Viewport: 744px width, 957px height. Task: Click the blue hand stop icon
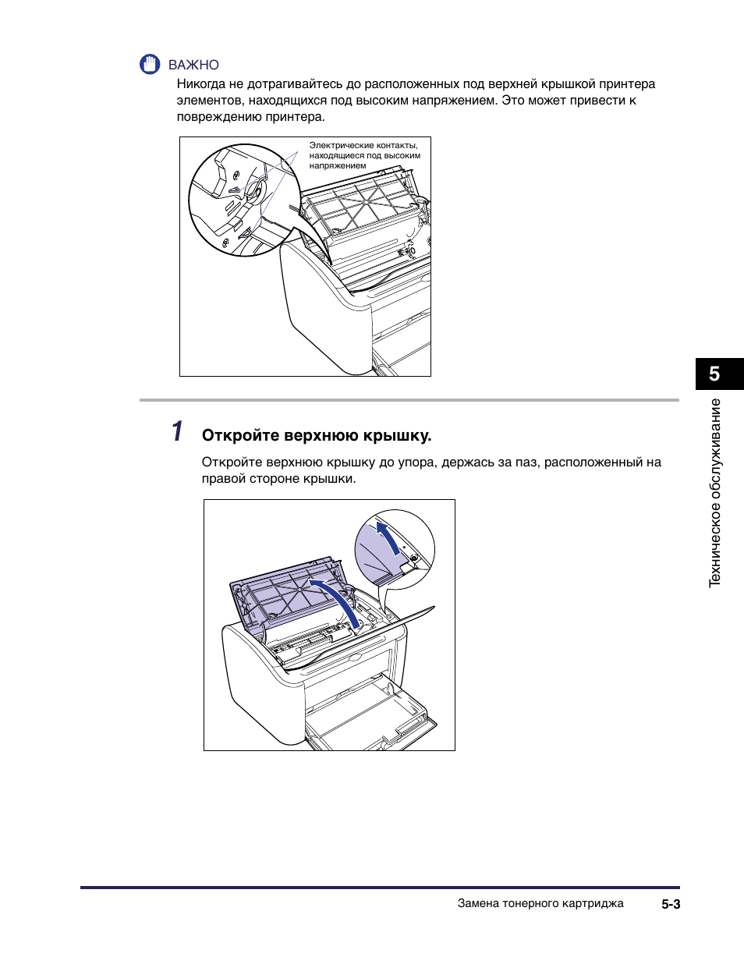(150, 64)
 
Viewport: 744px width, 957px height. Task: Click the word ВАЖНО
(193, 66)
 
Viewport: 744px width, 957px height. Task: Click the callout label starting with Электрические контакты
(364, 155)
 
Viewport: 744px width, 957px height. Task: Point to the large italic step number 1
(177, 431)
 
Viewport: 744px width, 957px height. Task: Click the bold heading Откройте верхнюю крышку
(317, 435)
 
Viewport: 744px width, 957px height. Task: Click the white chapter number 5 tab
(714, 374)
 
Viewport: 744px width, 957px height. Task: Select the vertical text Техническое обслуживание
(714, 493)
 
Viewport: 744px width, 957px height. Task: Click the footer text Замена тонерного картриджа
(540, 903)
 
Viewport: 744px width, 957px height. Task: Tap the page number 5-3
(671, 904)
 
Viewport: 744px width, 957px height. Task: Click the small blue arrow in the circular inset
(388, 537)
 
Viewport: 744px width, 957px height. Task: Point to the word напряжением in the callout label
(338, 166)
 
